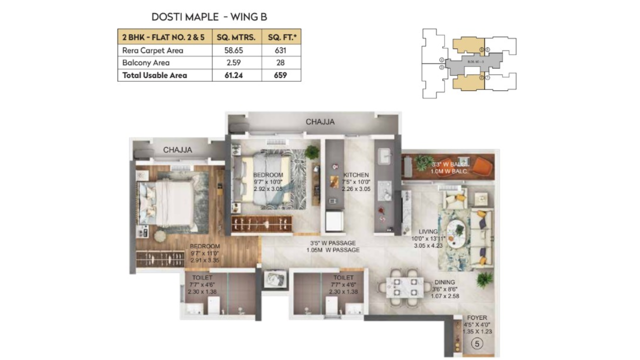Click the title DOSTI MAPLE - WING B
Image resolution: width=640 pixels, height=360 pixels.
click(209, 17)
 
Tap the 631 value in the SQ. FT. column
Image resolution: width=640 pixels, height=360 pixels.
click(281, 50)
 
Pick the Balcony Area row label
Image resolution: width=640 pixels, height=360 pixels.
click(146, 63)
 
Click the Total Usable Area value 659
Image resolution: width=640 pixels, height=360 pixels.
click(281, 75)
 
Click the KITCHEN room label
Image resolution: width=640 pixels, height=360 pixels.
click(356, 175)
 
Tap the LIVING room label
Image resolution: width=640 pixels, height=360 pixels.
click(428, 231)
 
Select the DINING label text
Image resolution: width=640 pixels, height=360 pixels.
click(444, 282)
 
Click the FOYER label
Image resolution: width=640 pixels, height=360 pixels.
click(476, 317)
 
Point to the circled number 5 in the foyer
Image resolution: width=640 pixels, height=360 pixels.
click(477, 344)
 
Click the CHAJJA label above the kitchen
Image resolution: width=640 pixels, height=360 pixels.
click(320, 121)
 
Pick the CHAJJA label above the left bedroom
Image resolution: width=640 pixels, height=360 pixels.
click(177, 149)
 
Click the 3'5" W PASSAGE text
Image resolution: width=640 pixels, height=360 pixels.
click(332, 243)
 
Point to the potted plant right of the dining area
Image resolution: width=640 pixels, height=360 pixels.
click(484, 279)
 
